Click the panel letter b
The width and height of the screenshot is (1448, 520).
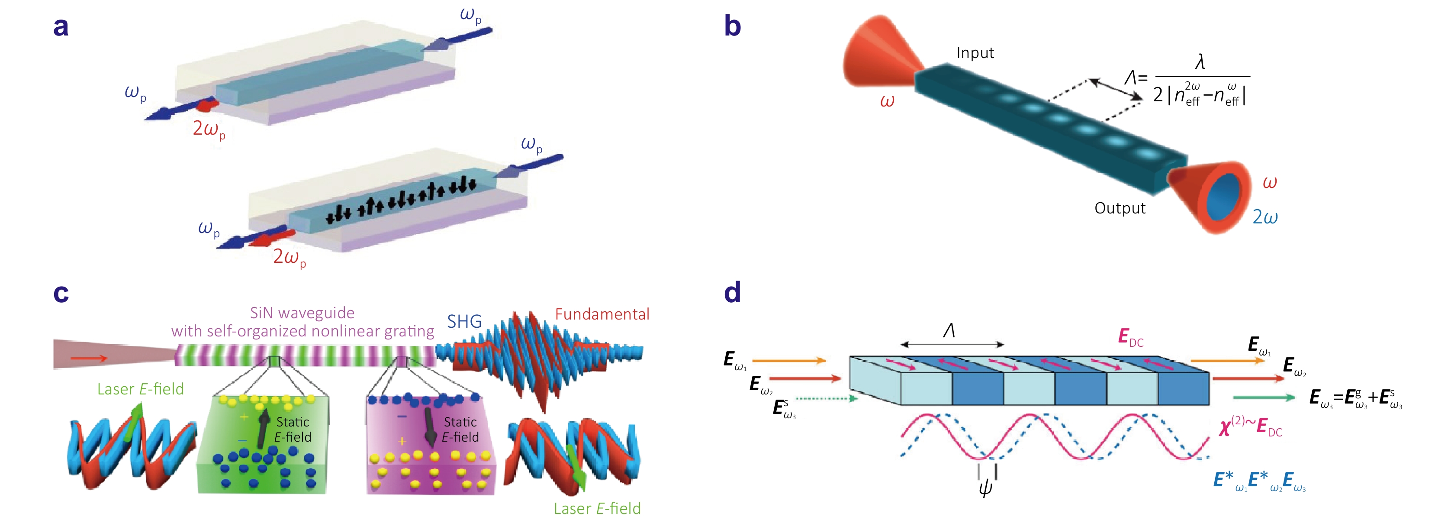732,26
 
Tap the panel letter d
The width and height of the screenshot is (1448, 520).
732,292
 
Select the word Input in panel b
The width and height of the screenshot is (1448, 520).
975,53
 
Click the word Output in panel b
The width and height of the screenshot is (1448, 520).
1120,209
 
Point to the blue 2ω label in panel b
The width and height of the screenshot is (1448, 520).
1265,217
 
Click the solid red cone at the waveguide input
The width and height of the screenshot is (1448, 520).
880,53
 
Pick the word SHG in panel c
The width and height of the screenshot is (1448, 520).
464,322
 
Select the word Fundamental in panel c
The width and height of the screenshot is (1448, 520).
602,314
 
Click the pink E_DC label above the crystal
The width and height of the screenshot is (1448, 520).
1130,338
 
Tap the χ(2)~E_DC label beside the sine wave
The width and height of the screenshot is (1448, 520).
1251,427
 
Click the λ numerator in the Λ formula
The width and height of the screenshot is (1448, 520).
1200,62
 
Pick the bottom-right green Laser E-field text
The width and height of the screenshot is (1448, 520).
597,509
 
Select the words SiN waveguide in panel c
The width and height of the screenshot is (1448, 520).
302,313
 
